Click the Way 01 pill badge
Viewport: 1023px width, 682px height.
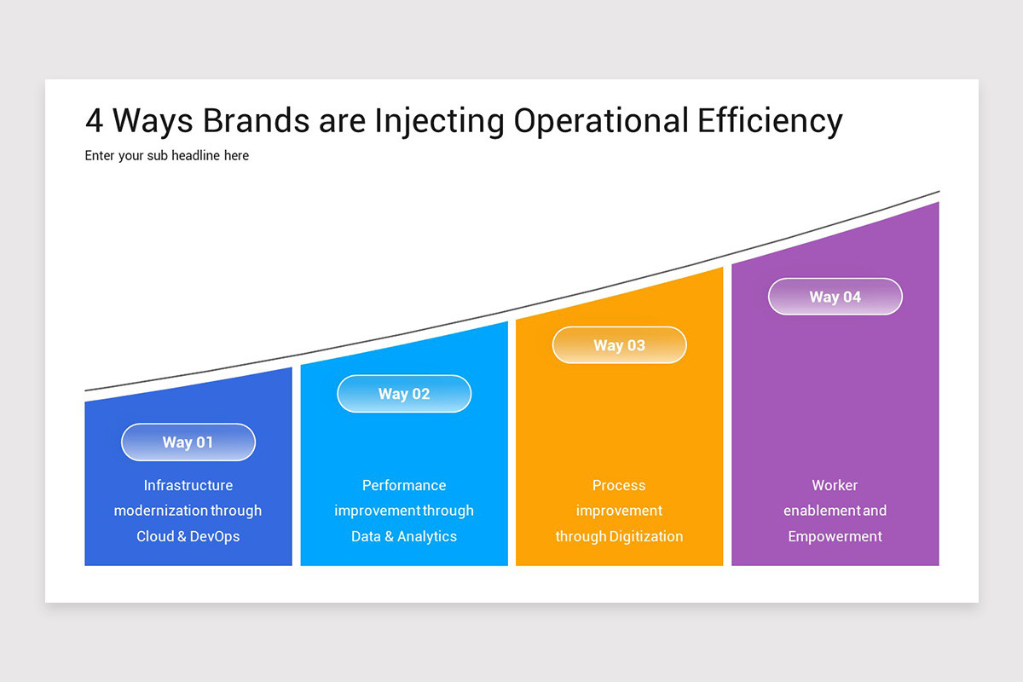188,442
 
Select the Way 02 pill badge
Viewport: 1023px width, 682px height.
404,394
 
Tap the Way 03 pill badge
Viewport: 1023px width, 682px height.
619,345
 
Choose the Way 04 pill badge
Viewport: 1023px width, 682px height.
835,297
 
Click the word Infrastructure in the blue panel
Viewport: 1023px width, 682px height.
188,485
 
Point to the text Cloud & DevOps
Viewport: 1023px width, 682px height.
188,536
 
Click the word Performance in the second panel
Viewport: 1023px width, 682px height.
404,485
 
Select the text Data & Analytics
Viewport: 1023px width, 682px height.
404,536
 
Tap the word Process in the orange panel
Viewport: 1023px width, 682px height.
619,485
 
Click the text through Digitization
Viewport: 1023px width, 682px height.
619,536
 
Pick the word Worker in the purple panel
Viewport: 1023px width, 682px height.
835,485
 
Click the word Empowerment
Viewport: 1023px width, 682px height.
835,536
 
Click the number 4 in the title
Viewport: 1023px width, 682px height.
95,121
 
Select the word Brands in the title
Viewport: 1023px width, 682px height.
257,121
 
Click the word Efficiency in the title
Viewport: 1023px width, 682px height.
770,121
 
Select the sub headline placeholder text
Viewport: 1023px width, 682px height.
167,156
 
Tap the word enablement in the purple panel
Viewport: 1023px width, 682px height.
822,511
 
